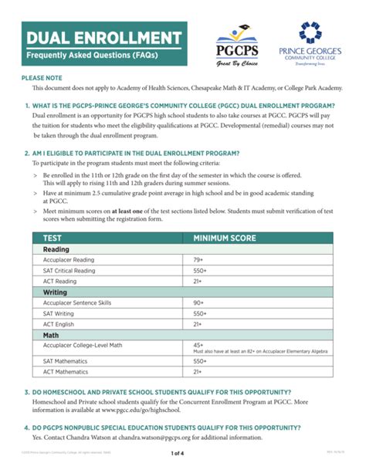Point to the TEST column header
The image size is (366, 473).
[53, 238]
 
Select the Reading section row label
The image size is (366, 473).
[56, 249]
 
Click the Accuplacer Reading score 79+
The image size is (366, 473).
[199, 260]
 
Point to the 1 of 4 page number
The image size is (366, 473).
[182, 463]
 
